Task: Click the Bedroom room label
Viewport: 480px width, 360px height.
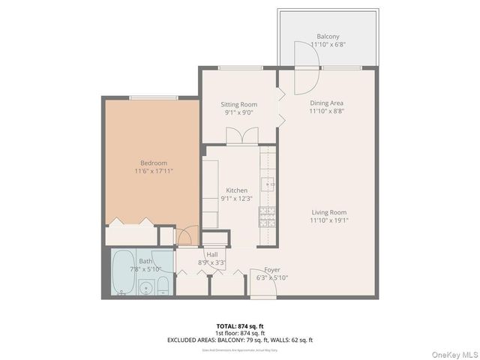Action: (x=153, y=163)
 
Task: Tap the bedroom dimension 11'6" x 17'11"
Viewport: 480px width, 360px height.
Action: (x=153, y=170)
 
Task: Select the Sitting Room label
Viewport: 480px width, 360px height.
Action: (x=238, y=104)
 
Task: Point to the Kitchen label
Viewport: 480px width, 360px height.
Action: (x=237, y=190)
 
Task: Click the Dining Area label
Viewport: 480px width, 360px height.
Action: (x=327, y=102)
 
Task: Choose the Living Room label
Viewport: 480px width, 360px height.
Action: (x=328, y=212)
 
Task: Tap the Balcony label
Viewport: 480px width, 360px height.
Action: (x=328, y=37)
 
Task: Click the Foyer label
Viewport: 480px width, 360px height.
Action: (x=272, y=270)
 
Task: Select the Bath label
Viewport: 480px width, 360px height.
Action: (x=145, y=261)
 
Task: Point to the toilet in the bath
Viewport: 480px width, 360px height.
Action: (x=163, y=284)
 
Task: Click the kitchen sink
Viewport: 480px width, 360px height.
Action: (x=268, y=182)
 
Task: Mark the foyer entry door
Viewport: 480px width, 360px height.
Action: (x=262, y=289)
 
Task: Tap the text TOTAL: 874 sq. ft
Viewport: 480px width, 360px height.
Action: (x=240, y=326)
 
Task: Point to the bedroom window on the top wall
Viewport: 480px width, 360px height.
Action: (x=153, y=97)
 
